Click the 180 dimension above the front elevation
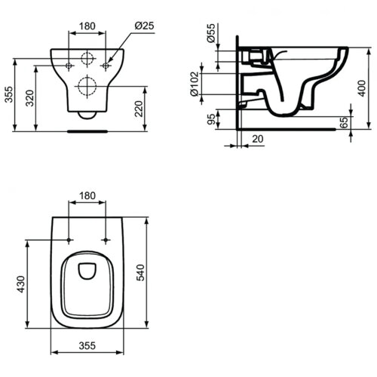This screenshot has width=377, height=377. pos(88,26)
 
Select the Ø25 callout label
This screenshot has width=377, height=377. pos(145,26)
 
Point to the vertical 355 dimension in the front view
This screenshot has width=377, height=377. pos(9,92)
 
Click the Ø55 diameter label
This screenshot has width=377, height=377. pos(212,38)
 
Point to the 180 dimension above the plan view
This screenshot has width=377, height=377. pos(88,196)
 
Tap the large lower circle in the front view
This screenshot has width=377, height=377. pos(88,85)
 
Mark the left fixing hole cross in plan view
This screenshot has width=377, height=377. pos(70,240)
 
